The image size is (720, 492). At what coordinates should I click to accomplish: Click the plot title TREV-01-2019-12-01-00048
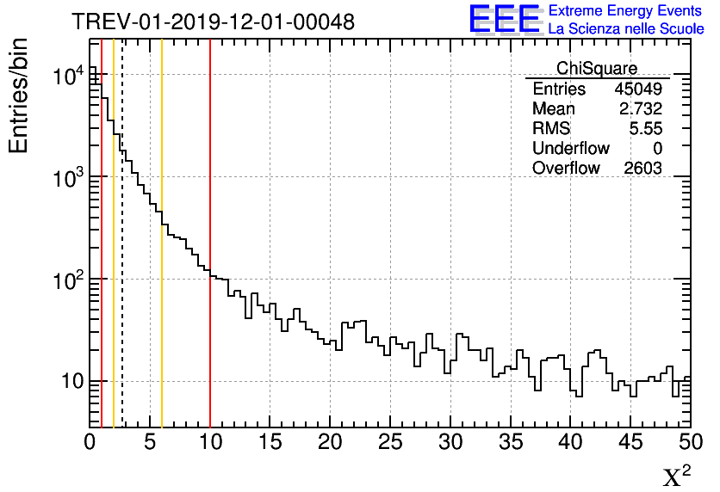[213, 22]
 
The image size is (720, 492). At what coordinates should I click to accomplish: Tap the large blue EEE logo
[504, 19]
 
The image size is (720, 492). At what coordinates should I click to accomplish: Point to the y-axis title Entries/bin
[19, 95]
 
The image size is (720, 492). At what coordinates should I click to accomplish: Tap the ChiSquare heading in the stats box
[597, 69]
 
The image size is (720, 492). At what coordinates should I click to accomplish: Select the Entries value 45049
[638, 89]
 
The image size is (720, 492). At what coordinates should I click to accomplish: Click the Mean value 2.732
[641, 109]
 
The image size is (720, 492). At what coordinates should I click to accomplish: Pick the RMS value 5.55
[645, 129]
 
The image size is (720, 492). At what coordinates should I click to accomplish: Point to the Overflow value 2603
[642, 168]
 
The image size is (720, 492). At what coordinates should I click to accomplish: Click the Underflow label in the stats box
[570, 149]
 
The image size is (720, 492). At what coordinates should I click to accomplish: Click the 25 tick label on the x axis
[390, 442]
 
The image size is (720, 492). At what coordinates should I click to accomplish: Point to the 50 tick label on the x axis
[690, 442]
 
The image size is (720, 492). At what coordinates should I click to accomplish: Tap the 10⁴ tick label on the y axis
[67, 77]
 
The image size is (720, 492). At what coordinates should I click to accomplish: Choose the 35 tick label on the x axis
[511, 442]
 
